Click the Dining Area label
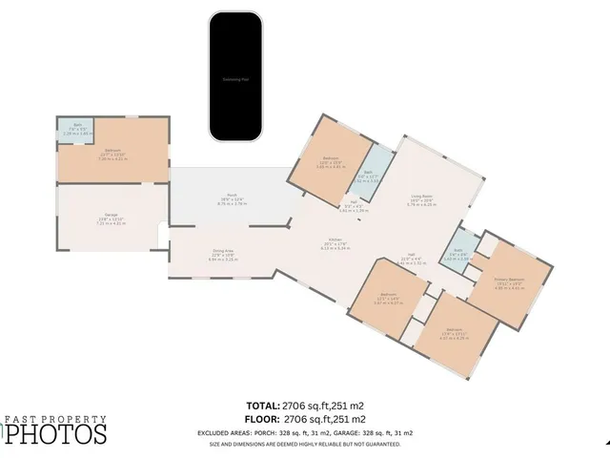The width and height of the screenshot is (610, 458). pos(223,256)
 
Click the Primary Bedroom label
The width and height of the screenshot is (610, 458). pos(510,282)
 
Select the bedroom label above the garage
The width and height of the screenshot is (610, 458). pos(113,156)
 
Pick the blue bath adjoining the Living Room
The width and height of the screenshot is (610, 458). pos(368,177)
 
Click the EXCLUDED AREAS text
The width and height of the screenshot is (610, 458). pos(241,431)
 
